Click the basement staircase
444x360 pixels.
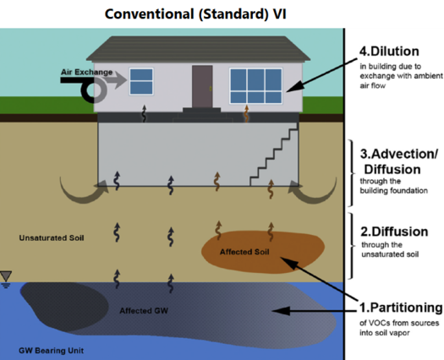[x=275, y=156]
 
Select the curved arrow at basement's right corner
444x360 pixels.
[x=319, y=189]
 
